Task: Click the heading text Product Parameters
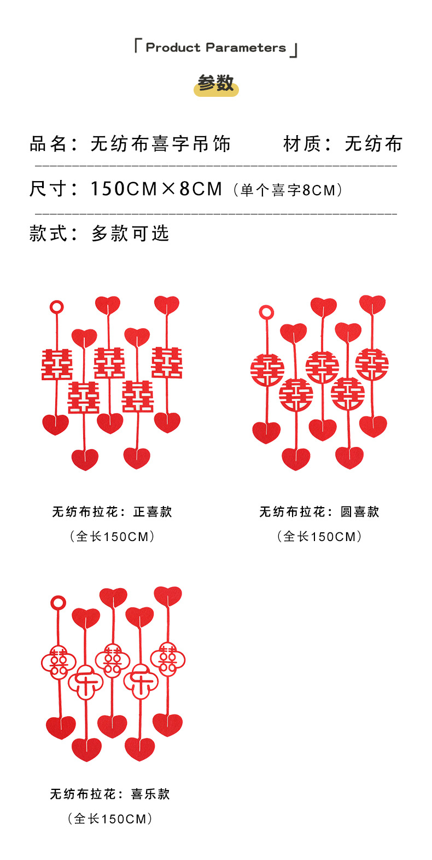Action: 215,48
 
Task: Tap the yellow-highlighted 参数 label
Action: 216,84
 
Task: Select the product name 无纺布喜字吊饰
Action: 160,144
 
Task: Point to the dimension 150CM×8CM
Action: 156,189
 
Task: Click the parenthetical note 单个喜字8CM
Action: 288,190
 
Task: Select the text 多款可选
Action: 130,234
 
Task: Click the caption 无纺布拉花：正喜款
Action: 112,512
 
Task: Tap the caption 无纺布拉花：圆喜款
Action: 319,512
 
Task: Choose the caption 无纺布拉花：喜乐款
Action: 110,794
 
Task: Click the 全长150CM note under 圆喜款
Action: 319,536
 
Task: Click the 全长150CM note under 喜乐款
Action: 110,818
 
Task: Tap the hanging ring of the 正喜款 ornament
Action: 56,307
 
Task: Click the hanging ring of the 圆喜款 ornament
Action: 266,312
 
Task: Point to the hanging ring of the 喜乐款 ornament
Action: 58,603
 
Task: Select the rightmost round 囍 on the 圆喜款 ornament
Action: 372,364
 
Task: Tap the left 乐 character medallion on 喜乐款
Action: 86,682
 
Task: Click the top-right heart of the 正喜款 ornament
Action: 167,305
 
